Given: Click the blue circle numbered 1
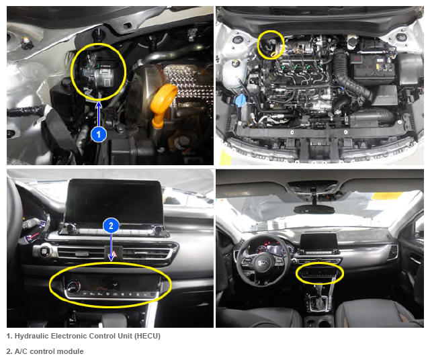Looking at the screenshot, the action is click(99, 134).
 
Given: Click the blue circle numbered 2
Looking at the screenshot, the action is click(111, 226).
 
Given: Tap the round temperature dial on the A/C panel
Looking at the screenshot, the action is click(73, 287).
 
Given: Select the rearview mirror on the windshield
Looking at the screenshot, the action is click(314, 210).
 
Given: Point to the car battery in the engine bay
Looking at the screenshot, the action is click(372, 67).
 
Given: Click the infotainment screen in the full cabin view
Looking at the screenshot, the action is click(318, 241).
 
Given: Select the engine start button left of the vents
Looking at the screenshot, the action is click(44, 251).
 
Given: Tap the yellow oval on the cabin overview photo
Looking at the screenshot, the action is click(296, 273).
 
